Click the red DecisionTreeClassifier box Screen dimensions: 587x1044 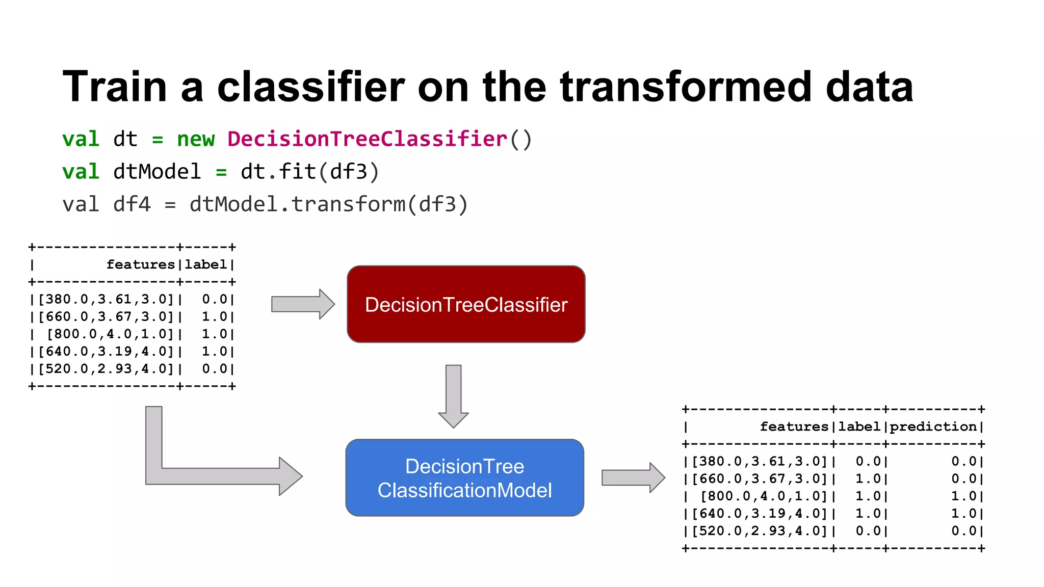(466, 304)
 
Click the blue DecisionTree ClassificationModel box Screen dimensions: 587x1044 (464, 477)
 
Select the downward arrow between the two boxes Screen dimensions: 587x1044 (453, 395)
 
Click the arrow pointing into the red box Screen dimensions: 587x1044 (302, 304)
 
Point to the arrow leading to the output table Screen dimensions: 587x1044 (633, 477)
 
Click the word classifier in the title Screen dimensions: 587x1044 (311, 87)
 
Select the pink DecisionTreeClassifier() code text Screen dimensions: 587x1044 (379, 139)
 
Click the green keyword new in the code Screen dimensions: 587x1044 (196, 139)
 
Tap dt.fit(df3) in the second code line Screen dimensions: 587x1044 (310, 172)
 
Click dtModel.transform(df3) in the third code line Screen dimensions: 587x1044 (328, 204)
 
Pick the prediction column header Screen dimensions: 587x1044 (933, 426)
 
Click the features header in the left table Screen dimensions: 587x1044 (141, 264)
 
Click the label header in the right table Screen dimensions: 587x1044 (859, 426)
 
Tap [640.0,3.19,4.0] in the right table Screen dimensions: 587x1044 (759, 513)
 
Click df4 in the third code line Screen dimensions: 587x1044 (132, 204)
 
